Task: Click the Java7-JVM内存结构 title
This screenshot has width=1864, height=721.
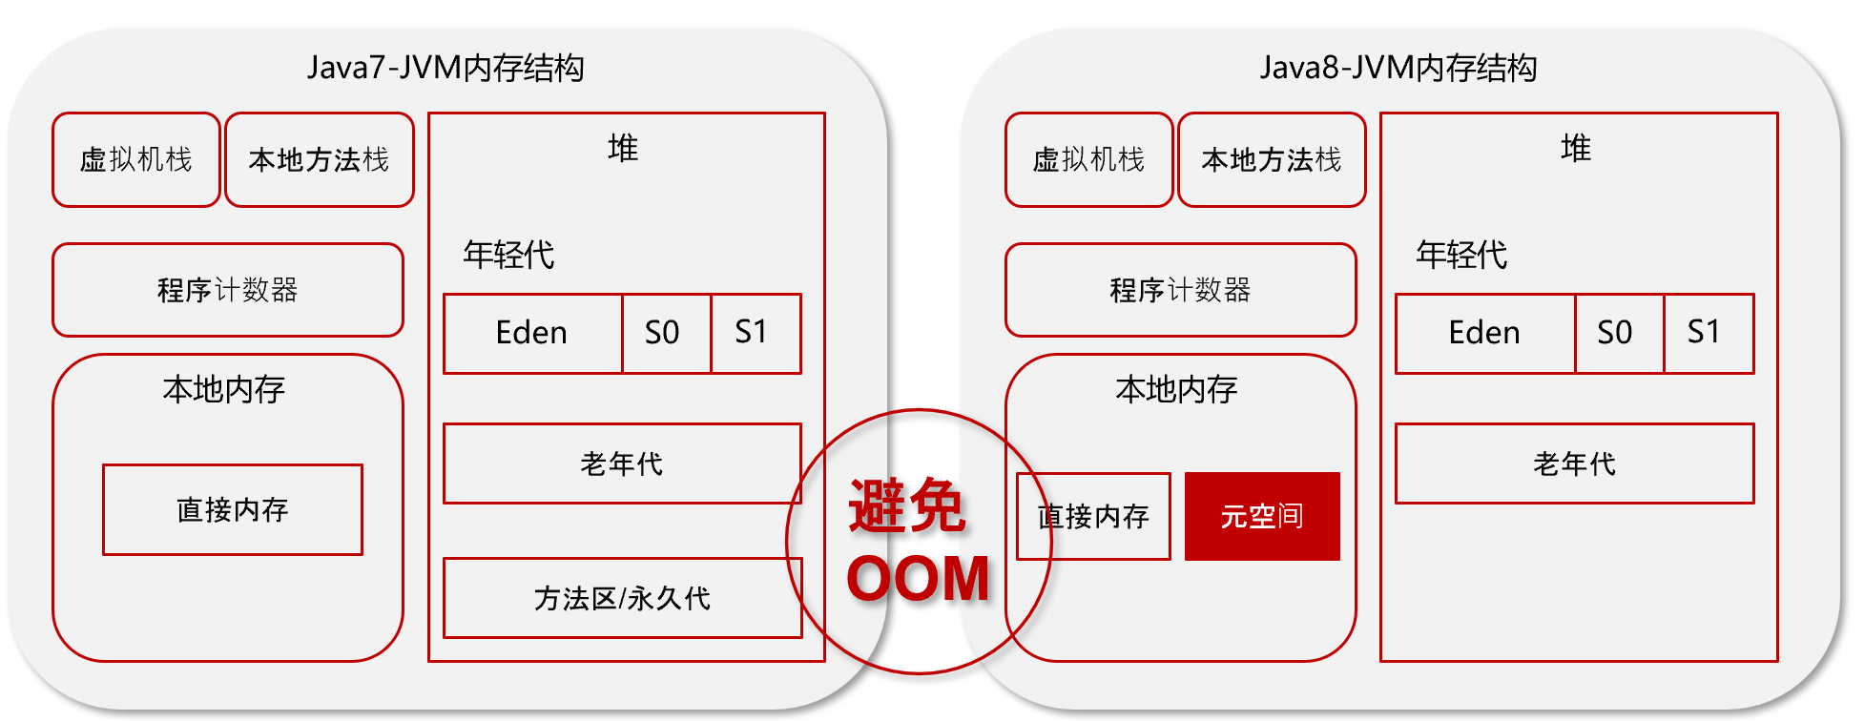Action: point(445,68)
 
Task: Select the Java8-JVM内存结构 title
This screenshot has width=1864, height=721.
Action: point(1398,68)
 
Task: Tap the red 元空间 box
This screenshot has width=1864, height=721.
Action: point(1262,516)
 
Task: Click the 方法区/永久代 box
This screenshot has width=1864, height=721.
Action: point(623,598)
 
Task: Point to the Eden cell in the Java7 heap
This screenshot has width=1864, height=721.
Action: point(532,333)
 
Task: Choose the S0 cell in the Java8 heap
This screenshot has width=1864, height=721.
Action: point(1619,333)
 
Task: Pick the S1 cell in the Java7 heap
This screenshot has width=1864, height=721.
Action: point(756,333)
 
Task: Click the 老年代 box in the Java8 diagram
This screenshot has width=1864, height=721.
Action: point(1574,463)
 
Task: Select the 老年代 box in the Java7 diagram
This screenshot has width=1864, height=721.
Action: point(622,463)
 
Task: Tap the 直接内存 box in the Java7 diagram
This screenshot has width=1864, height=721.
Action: point(233,509)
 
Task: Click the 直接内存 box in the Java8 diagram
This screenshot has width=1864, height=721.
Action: point(1093,516)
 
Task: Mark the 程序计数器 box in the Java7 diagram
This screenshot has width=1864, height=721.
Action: point(228,290)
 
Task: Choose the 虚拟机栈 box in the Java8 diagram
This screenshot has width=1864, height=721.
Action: point(1089,159)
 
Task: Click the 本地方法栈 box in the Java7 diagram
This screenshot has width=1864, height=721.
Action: point(320,159)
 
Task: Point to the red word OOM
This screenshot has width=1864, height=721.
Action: point(919,579)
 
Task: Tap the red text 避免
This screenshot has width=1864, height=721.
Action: point(906,505)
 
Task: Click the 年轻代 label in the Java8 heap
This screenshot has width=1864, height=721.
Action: point(1461,255)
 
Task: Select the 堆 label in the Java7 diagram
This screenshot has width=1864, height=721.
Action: point(623,148)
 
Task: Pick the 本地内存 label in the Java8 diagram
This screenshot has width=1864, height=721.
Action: point(1177,389)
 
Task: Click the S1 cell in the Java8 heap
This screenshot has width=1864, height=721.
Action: point(1709,333)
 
